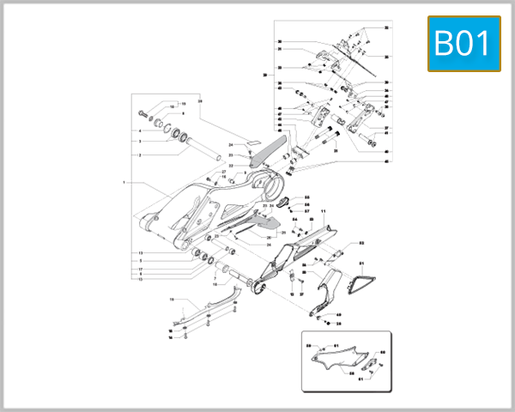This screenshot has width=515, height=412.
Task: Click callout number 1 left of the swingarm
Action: pyautogui.click(x=124, y=183)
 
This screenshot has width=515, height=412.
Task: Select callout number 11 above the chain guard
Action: pyautogui.click(x=323, y=211)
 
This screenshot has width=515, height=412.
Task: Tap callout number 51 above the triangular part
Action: pyautogui.click(x=361, y=263)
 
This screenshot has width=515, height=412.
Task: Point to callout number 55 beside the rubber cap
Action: pyautogui.click(x=305, y=197)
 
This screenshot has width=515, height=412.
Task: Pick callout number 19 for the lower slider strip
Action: pyautogui.click(x=173, y=300)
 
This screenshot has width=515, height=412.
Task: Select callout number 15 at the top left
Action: pyautogui.click(x=182, y=103)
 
